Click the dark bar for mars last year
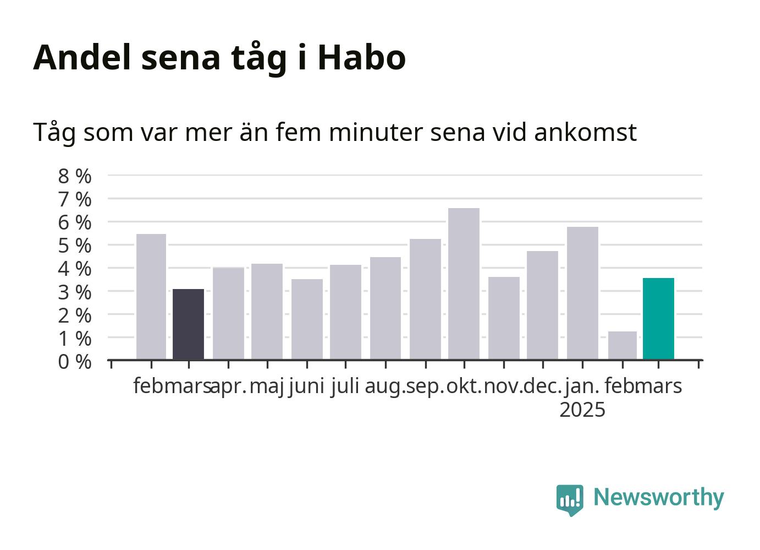(188, 324)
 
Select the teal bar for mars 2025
(658, 319)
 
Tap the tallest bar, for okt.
(464, 284)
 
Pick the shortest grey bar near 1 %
(623, 345)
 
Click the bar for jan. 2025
(582, 293)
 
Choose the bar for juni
(307, 319)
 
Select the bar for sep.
(426, 299)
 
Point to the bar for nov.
(504, 318)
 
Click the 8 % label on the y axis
(75, 176)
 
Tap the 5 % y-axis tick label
(75, 246)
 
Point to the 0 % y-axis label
(75, 362)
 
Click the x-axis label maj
(267, 387)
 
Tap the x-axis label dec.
(543, 386)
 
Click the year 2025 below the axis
(582, 410)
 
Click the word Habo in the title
(362, 57)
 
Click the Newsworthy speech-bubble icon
(570, 500)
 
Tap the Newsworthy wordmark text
(659, 498)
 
